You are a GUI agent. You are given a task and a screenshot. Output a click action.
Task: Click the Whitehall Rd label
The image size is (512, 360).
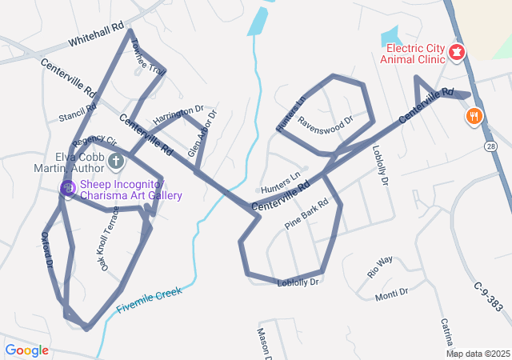pos(97,33)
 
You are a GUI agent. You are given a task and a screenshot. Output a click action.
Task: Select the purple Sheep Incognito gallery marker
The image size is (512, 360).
pos(68,188)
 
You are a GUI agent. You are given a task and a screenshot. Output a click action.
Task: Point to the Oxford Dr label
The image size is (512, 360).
pos(47,249)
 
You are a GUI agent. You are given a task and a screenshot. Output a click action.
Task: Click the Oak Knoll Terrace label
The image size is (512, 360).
pos(109,238)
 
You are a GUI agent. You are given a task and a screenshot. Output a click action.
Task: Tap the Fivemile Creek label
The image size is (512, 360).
pos(149,298)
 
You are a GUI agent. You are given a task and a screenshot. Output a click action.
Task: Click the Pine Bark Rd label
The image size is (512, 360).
pos(306,214)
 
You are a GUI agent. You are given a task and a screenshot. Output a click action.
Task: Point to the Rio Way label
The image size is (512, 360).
pos(380,266)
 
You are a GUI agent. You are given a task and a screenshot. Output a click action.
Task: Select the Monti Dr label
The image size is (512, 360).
pos(391,294)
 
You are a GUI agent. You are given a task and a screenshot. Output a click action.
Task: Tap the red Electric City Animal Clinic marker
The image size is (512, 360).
pos(457,53)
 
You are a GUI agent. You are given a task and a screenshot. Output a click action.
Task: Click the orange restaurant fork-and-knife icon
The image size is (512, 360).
pos(474,117)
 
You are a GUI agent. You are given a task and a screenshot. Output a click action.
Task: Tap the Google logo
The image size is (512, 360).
pos(27,350)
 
